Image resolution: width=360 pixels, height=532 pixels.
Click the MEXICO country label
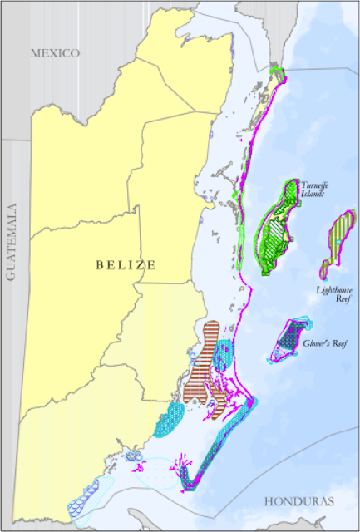55,53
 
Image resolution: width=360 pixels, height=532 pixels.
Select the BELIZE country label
126,265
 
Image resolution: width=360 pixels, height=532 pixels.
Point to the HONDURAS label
299,502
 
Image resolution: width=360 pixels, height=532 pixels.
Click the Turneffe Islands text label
312,190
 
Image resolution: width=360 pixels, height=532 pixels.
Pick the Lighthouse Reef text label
333,296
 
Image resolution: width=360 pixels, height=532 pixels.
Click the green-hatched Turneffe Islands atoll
279,229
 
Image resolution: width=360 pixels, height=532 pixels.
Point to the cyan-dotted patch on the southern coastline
170,420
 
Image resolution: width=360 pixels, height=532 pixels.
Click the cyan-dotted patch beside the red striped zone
224,355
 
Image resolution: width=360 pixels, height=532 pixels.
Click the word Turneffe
312,185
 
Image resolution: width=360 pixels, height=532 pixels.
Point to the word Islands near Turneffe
313,195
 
